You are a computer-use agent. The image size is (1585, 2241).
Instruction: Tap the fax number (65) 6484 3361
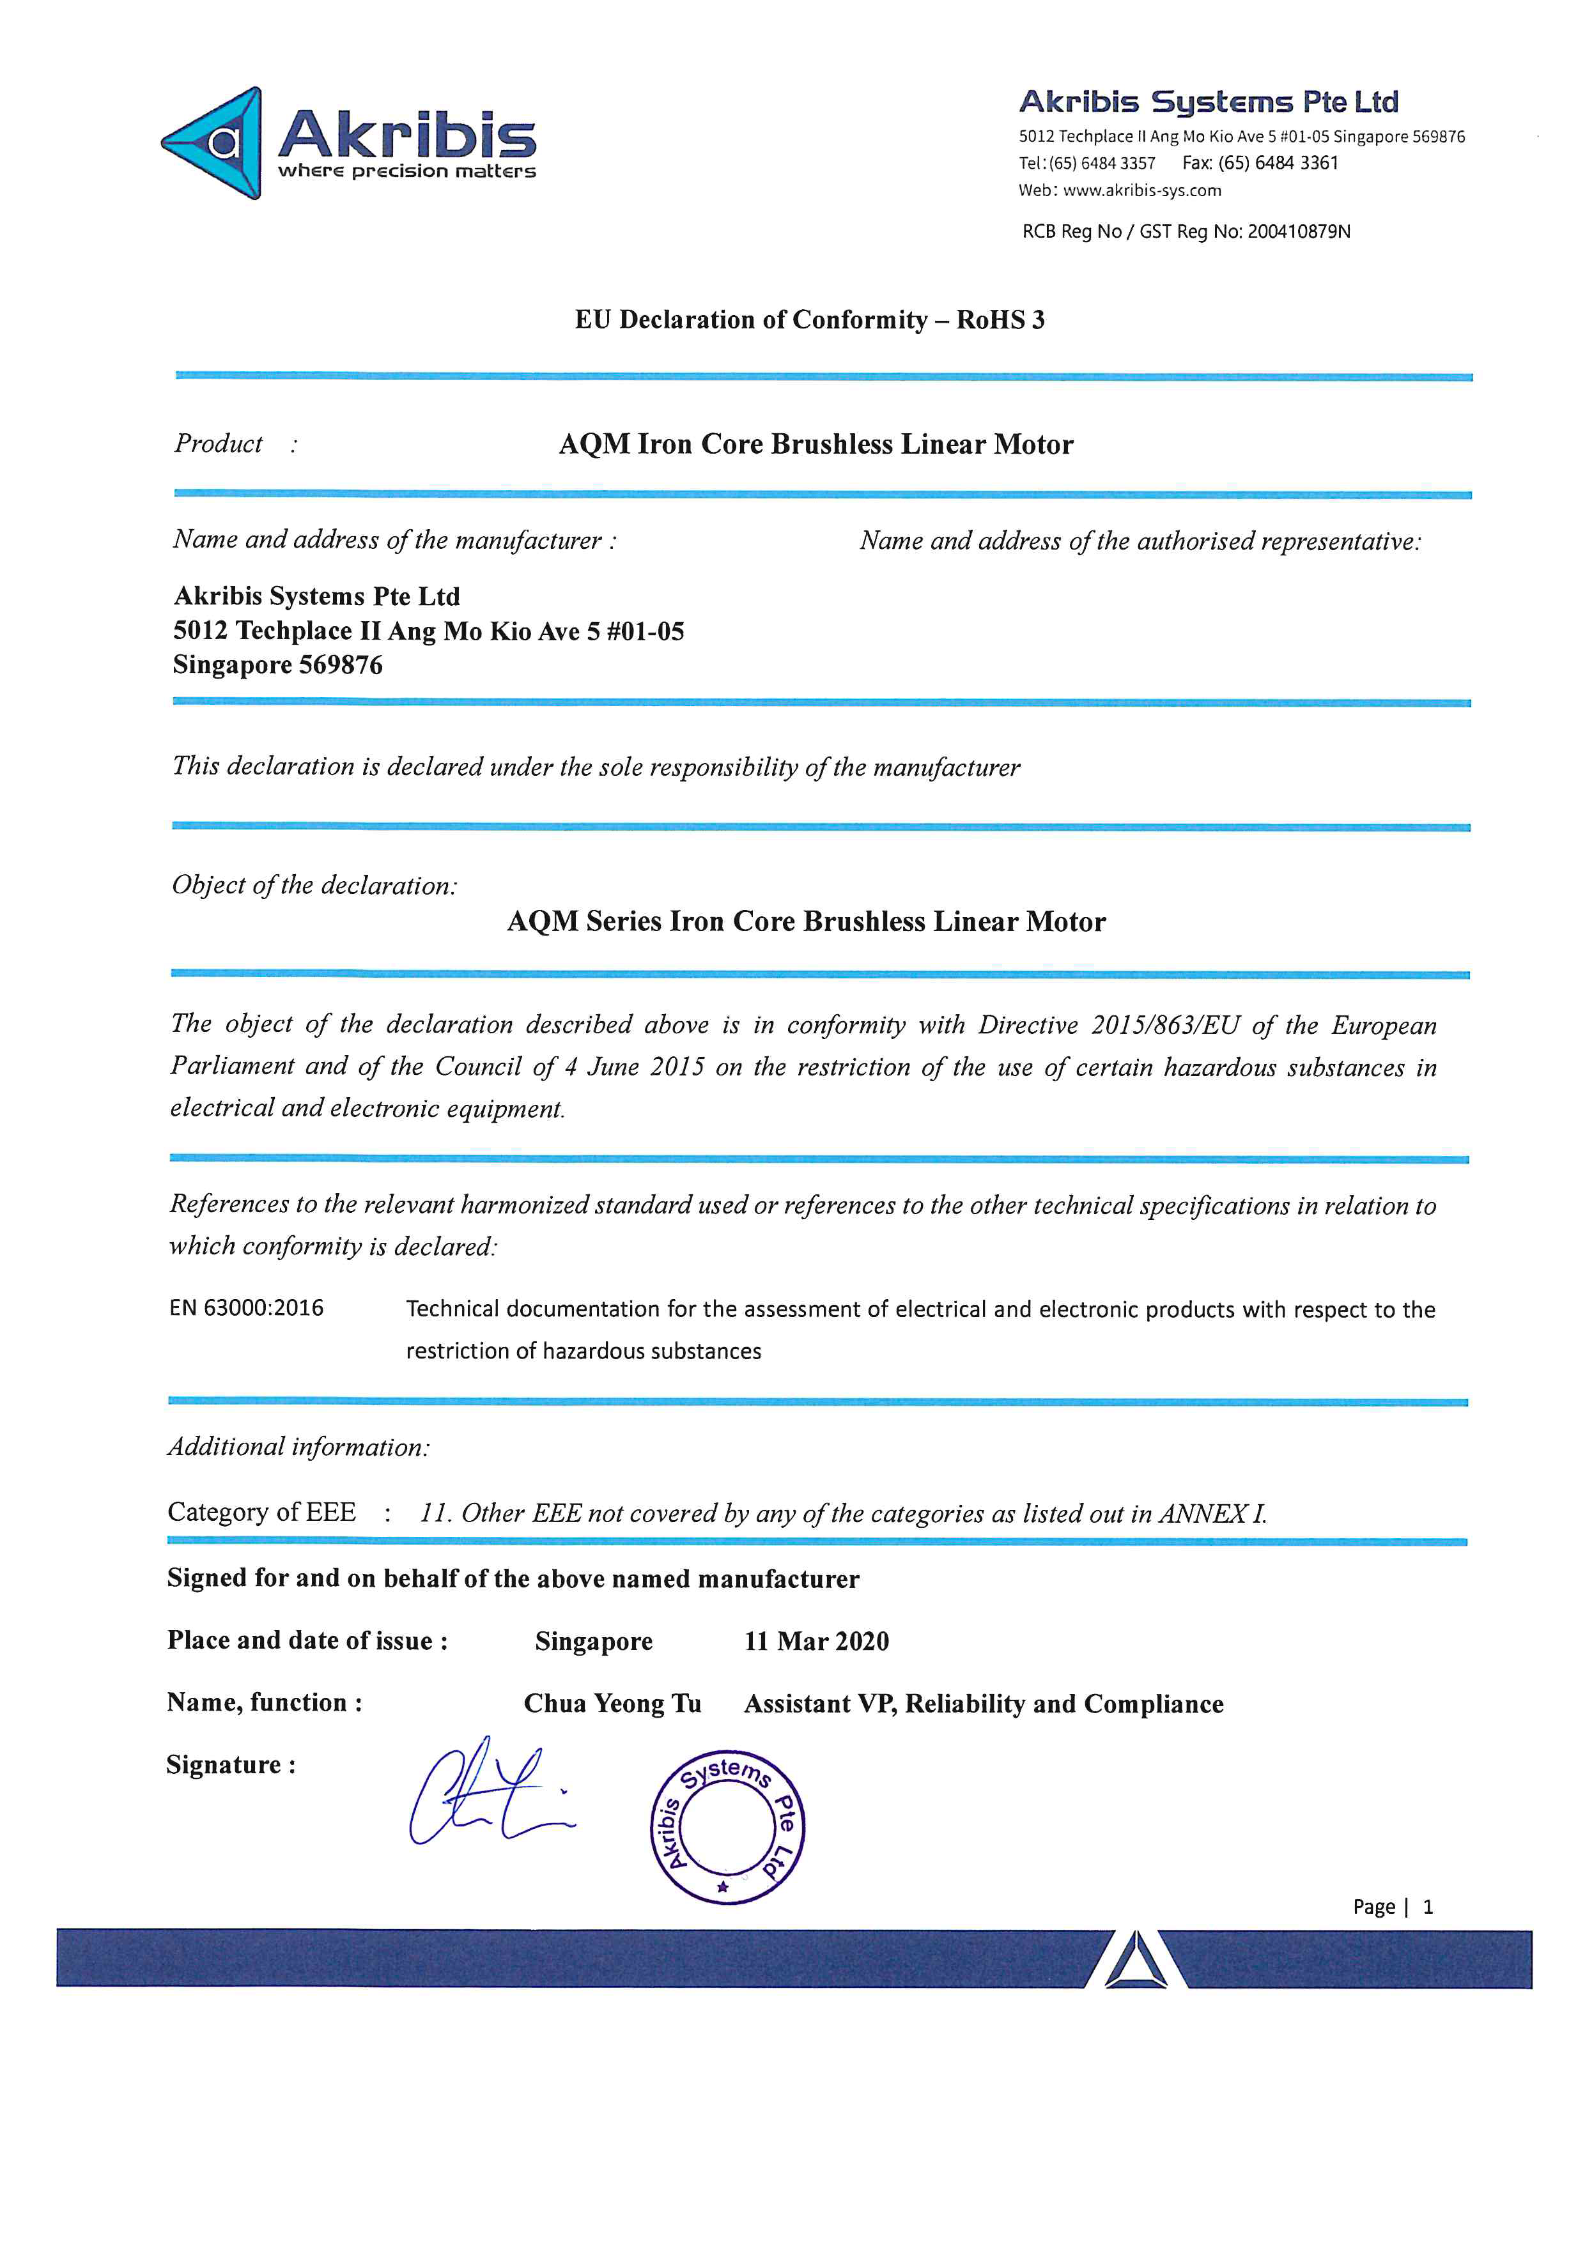pos(1278,163)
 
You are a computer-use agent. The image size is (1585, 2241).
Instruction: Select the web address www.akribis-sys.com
pos(1142,190)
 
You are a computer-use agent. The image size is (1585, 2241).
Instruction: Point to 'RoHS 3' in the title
pos(1000,320)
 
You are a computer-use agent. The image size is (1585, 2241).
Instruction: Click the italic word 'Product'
pos(218,444)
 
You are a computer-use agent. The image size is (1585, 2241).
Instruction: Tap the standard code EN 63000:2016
pos(246,1308)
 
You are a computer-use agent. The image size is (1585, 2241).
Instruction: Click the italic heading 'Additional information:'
pos(298,1447)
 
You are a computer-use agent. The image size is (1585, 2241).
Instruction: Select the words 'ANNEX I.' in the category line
pos(1212,1514)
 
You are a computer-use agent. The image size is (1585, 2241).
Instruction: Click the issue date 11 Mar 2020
pos(816,1642)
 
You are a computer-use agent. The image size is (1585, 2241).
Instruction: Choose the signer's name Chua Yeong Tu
pos(612,1704)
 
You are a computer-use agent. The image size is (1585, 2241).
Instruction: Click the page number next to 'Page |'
pos(1428,1906)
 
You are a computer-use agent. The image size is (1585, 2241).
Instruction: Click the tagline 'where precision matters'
pos(407,172)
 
